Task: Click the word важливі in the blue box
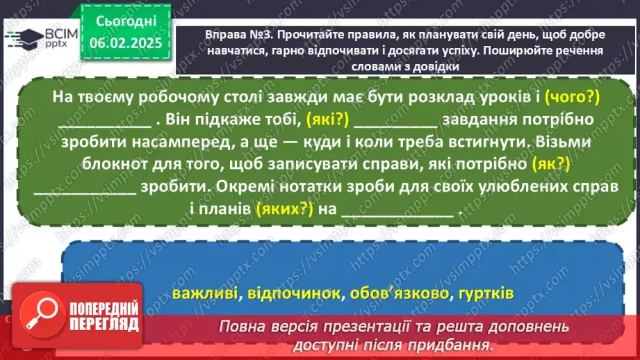[x=201, y=293]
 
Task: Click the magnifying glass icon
[x=43, y=311]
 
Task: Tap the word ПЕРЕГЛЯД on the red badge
[x=104, y=324]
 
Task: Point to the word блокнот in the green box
[x=136, y=164]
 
